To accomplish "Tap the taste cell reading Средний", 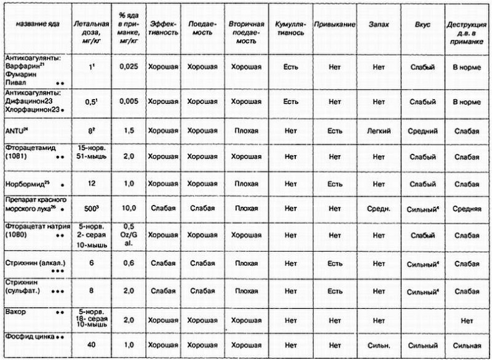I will pyautogui.click(x=422, y=131).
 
